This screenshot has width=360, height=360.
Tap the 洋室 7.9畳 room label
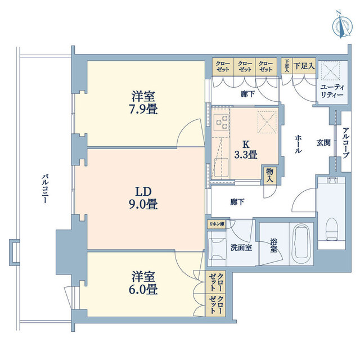pos(143,102)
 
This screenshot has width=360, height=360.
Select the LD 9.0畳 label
pos(143,198)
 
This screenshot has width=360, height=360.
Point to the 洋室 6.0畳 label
pos(143,283)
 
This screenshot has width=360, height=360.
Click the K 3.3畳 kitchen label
pos(246,150)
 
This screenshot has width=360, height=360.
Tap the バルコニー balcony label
pos(45,189)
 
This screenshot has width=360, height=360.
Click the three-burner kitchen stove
pos(221,123)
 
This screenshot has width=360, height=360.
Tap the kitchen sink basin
pos(221,168)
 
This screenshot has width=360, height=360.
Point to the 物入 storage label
pos(269,175)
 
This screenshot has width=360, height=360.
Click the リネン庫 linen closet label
pos(217,224)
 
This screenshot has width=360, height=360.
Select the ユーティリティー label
pos(332,91)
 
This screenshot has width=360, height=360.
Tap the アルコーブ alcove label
pos(346,142)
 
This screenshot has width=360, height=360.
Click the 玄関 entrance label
pos(323,142)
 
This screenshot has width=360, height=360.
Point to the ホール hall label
pos(298,144)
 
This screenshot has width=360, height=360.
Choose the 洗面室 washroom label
pos(241,247)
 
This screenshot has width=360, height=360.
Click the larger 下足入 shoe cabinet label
pos(304,66)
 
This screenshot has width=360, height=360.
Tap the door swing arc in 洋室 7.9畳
pos(190,132)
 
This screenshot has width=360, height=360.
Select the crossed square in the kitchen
pos(267,122)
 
